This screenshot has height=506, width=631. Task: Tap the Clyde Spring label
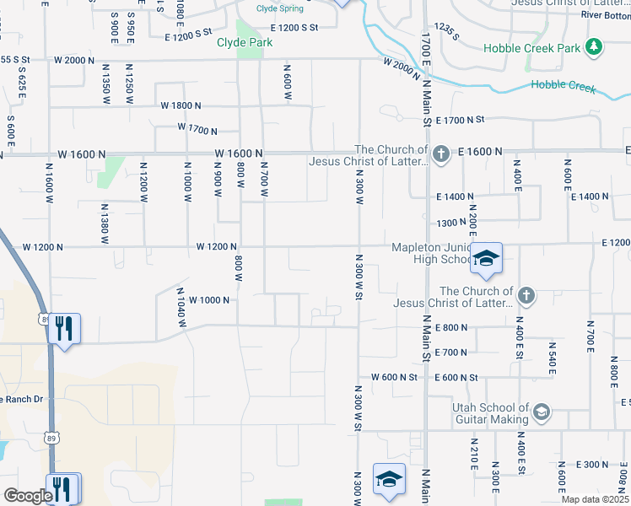coord(280,9)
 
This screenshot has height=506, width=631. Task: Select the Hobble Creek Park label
coord(532,48)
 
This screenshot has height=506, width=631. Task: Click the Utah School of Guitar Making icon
coord(542,412)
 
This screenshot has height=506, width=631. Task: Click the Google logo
coord(28,496)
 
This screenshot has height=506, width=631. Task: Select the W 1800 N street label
coord(181,105)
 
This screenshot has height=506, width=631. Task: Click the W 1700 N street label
coord(197,129)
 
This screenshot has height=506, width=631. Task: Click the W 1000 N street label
coord(209,300)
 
